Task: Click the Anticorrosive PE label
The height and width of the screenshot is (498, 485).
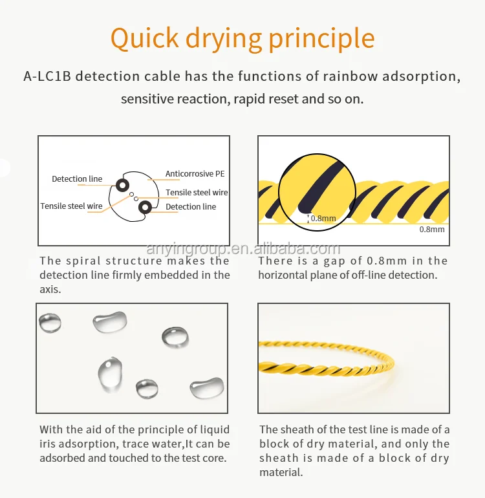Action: click(195, 174)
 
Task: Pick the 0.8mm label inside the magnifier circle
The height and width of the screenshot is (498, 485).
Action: click(323, 219)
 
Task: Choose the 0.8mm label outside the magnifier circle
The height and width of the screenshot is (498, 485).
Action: click(432, 229)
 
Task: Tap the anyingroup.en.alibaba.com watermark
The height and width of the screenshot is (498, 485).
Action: click(243, 250)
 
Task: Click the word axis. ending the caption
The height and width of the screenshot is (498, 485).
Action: click(50, 289)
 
